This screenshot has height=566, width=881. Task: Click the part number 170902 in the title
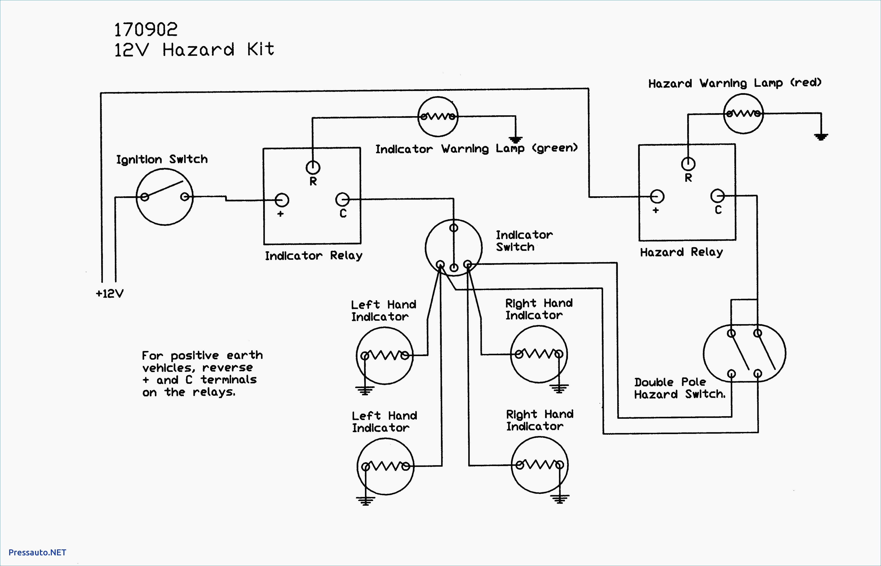146,30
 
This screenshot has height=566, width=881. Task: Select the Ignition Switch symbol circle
165,197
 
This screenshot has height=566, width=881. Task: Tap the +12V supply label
110,294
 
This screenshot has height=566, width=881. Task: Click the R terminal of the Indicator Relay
313,167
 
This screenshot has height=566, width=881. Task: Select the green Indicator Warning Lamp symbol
438,117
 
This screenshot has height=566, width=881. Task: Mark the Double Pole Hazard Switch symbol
744,353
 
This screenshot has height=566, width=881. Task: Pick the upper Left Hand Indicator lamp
385,355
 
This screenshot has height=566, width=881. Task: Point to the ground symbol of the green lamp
516,140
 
